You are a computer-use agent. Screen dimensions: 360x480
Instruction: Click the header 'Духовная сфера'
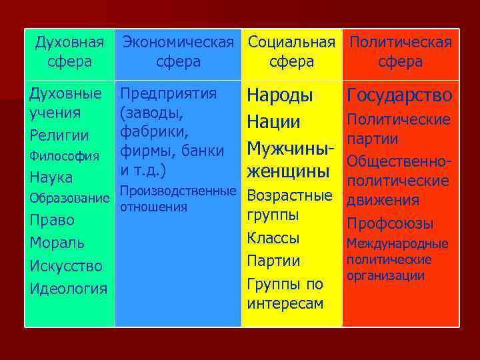click(x=69, y=52)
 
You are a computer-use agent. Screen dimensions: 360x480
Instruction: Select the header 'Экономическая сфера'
click(x=177, y=52)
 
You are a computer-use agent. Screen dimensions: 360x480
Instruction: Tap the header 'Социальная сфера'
click(x=291, y=52)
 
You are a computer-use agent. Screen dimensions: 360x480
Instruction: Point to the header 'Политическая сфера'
click(x=400, y=52)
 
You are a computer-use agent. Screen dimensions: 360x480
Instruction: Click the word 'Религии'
click(x=59, y=135)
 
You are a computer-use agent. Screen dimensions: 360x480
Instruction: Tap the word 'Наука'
click(x=51, y=178)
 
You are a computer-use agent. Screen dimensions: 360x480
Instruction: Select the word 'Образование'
click(x=69, y=199)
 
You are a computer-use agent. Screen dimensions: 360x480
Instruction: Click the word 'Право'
click(x=52, y=220)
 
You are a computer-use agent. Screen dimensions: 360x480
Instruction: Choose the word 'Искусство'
click(x=65, y=266)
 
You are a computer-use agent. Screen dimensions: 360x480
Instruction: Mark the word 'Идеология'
click(x=67, y=289)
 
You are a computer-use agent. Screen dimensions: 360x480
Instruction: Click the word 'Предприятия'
click(x=167, y=94)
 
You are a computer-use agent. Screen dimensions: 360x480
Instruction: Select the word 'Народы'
click(x=279, y=96)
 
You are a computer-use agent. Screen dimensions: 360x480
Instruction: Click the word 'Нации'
click(x=273, y=123)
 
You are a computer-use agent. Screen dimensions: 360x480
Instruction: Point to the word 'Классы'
click(x=273, y=238)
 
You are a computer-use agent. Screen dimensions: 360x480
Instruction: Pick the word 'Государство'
click(x=399, y=96)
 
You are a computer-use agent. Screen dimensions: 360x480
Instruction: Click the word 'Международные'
click(x=397, y=245)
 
